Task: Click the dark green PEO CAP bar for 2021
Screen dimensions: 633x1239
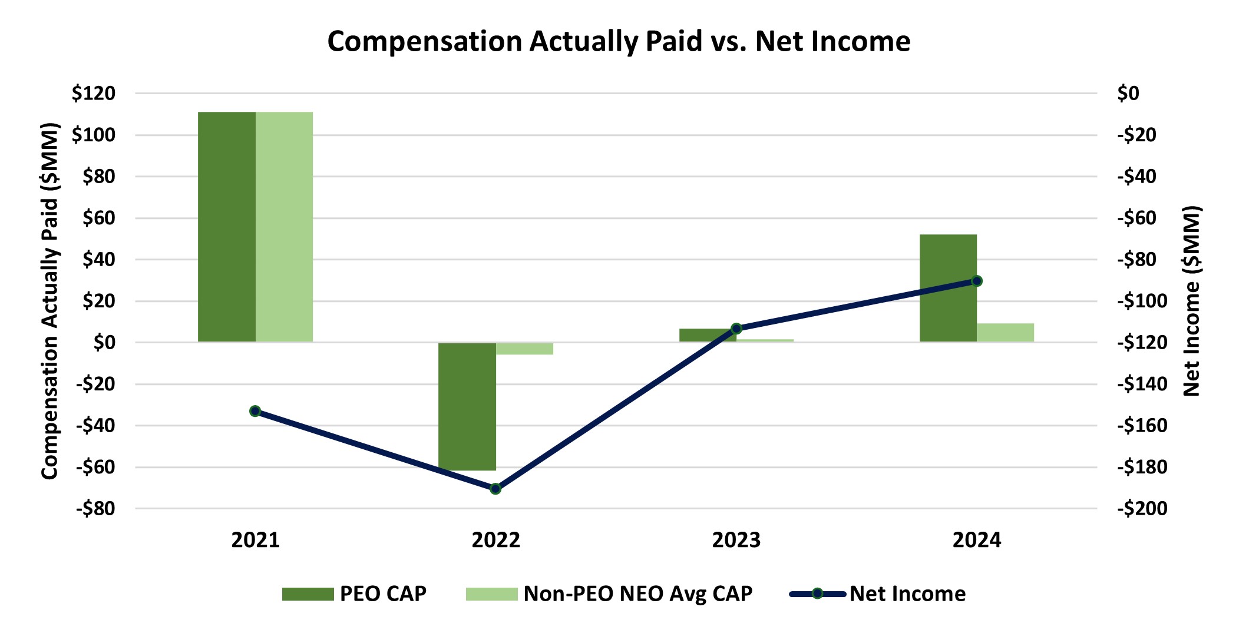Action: (x=227, y=227)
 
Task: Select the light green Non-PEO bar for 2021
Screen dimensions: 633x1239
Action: (x=284, y=227)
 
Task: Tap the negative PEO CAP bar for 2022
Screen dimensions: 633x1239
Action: (x=467, y=406)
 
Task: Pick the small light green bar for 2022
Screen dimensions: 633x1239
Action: (x=524, y=349)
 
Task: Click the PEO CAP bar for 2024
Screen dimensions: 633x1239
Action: (x=948, y=288)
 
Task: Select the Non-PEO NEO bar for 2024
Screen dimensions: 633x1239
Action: (x=1005, y=333)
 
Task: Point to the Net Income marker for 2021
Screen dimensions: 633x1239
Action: (x=255, y=411)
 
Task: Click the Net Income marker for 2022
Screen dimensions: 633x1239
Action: (x=495, y=489)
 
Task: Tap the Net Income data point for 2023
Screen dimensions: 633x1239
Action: (x=736, y=328)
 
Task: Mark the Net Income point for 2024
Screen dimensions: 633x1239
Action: (x=977, y=281)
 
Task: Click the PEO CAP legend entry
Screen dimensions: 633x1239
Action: (x=354, y=594)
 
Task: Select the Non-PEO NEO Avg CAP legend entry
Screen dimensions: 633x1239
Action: (x=609, y=594)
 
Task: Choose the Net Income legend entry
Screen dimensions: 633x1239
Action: (x=878, y=594)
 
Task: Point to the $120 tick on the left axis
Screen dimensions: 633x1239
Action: (x=93, y=93)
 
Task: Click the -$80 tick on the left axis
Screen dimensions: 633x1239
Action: (x=95, y=509)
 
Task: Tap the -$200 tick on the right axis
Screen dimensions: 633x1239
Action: (x=1142, y=509)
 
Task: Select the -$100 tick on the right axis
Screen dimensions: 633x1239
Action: (x=1142, y=301)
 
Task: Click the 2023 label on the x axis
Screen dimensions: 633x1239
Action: (x=736, y=540)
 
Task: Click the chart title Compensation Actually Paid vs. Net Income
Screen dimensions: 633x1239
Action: (x=619, y=41)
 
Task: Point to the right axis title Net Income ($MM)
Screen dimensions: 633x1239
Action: (x=1191, y=301)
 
